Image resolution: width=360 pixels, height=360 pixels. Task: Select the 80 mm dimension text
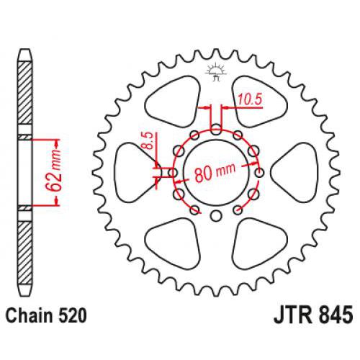215,173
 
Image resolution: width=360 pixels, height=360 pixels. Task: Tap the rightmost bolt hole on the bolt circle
260,172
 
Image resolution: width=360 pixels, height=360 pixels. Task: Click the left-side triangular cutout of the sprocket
134,173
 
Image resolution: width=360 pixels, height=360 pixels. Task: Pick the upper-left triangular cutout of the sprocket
174,101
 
